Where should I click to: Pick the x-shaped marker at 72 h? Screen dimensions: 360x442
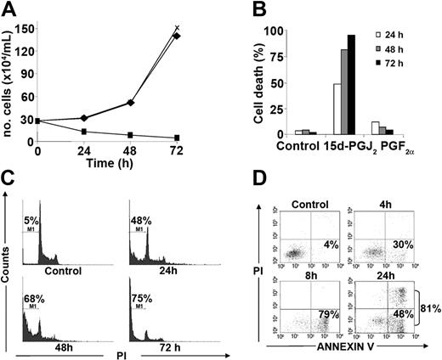[178, 28]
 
